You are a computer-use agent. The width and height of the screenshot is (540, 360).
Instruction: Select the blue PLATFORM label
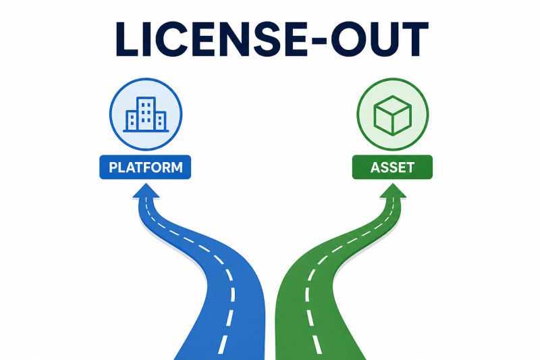click(145, 168)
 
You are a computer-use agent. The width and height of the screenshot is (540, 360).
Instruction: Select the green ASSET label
click(392, 168)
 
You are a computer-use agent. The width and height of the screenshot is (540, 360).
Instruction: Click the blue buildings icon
click(146, 114)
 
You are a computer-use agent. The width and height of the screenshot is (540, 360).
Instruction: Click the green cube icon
click(393, 115)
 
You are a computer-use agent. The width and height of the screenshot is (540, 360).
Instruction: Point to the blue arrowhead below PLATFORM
click(146, 191)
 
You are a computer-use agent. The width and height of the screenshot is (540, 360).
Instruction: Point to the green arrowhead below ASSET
click(393, 191)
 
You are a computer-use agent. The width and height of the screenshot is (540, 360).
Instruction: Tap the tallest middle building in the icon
click(146, 113)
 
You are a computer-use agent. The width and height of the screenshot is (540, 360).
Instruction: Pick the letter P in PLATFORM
click(113, 168)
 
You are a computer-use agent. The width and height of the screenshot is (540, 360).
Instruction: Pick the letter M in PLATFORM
click(176, 168)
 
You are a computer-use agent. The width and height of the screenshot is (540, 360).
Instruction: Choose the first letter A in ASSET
click(375, 168)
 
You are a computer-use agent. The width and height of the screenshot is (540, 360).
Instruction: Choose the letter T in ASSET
click(410, 168)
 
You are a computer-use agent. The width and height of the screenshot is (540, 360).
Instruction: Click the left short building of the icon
click(131, 121)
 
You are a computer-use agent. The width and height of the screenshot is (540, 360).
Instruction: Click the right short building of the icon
click(161, 121)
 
